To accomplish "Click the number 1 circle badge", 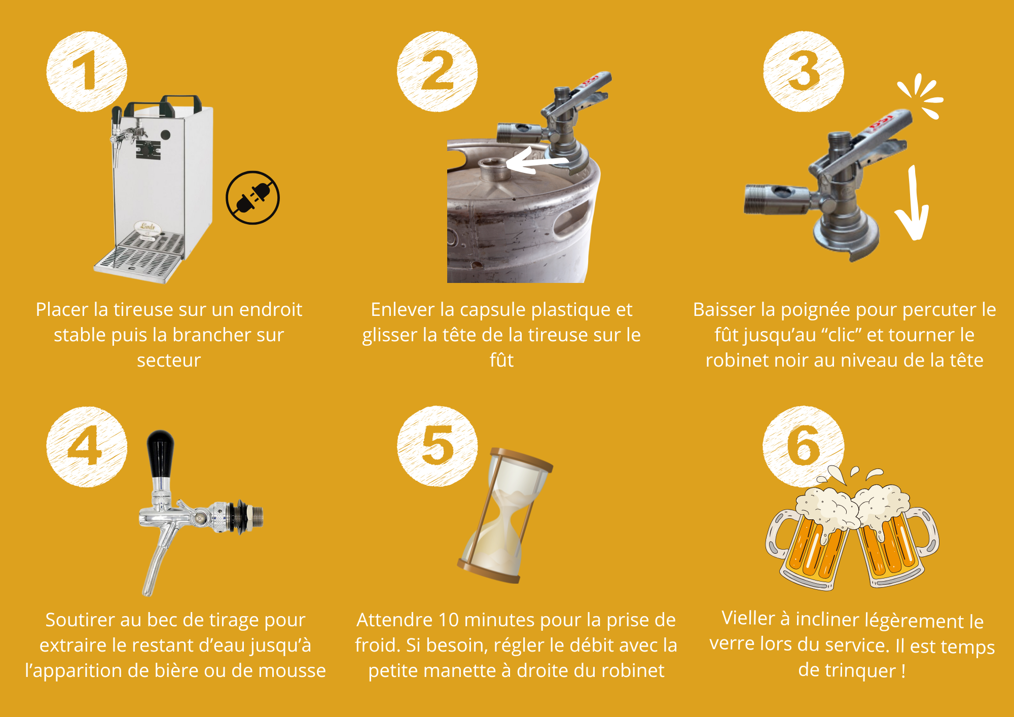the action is point(87,71).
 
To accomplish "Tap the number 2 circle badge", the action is point(437,71).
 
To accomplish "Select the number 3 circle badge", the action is point(804,71).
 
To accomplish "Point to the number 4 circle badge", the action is point(87,447).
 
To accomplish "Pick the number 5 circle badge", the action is point(437,446).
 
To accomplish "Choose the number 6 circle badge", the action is point(804,446).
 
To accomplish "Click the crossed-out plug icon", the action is point(252,197).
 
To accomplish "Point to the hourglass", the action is point(505,515).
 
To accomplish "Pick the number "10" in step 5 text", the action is point(448,620).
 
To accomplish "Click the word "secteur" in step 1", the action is point(169,361).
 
